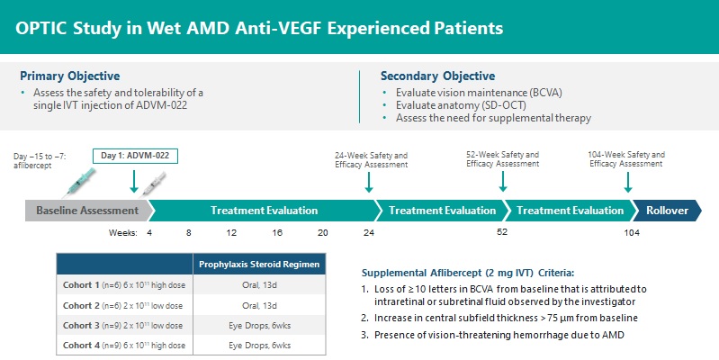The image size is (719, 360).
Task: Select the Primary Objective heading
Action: click(x=68, y=76)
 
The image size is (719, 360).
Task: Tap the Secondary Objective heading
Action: click(x=437, y=76)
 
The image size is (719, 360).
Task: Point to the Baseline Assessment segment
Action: click(x=87, y=211)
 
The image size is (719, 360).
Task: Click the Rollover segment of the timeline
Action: click(x=667, y=211)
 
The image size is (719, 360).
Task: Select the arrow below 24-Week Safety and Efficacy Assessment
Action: click(x=369, y=183)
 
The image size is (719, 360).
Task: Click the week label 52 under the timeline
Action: click(x=502, y=232)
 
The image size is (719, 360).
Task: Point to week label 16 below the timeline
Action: click(x=277, y=232)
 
